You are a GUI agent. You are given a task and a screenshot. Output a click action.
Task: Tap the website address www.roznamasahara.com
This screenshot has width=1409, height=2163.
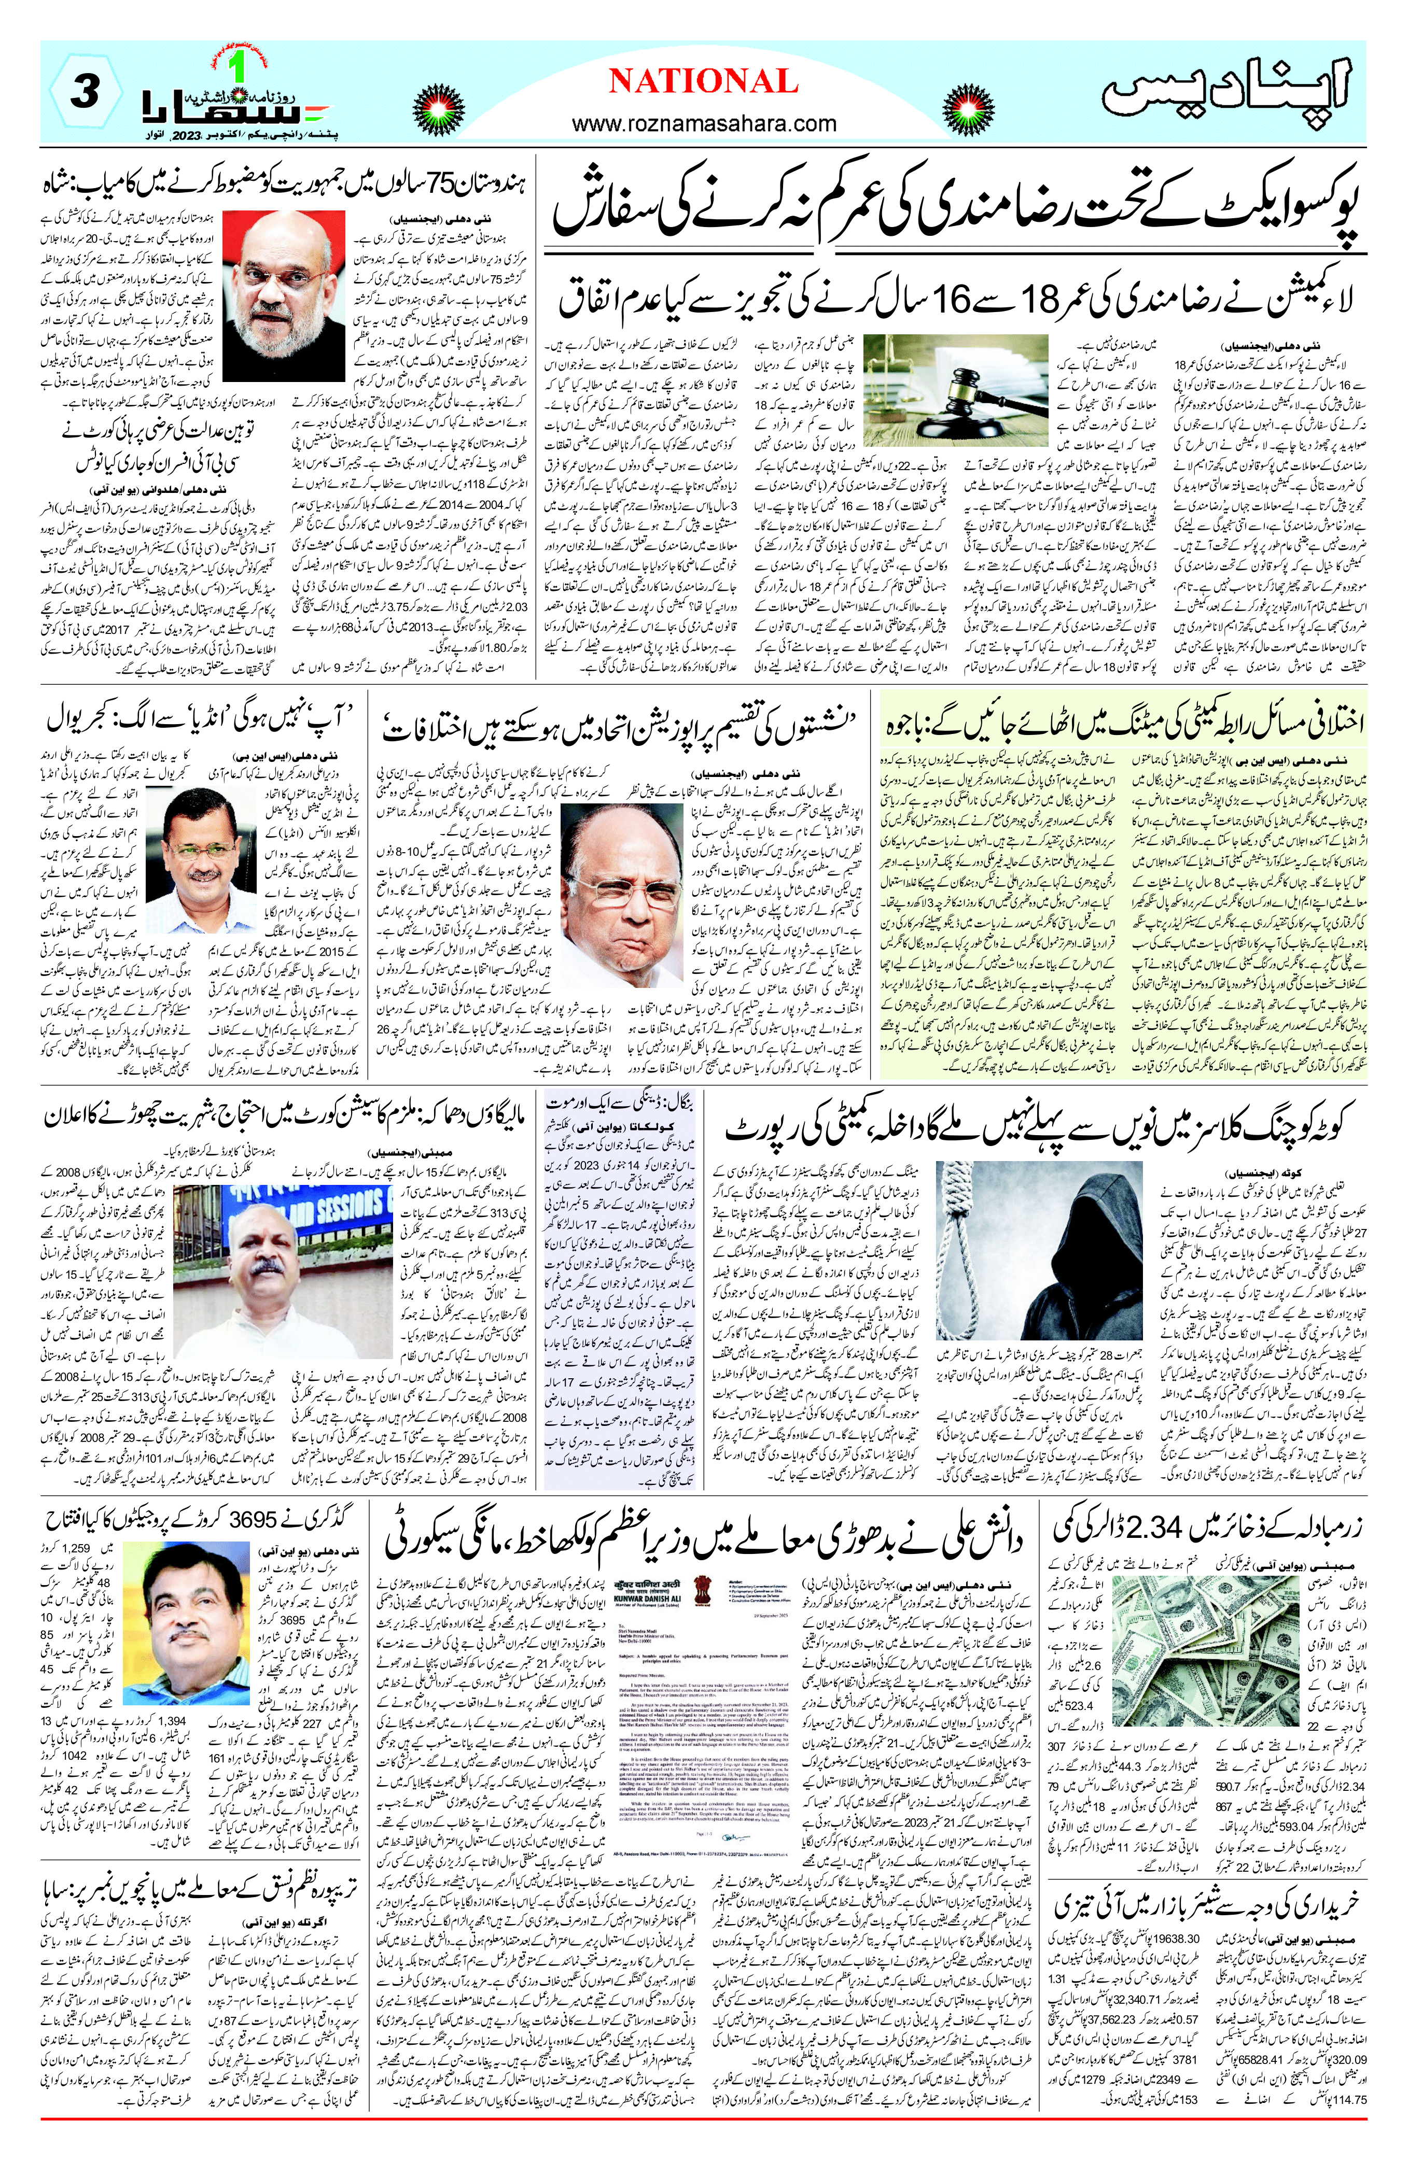point(704,123)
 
